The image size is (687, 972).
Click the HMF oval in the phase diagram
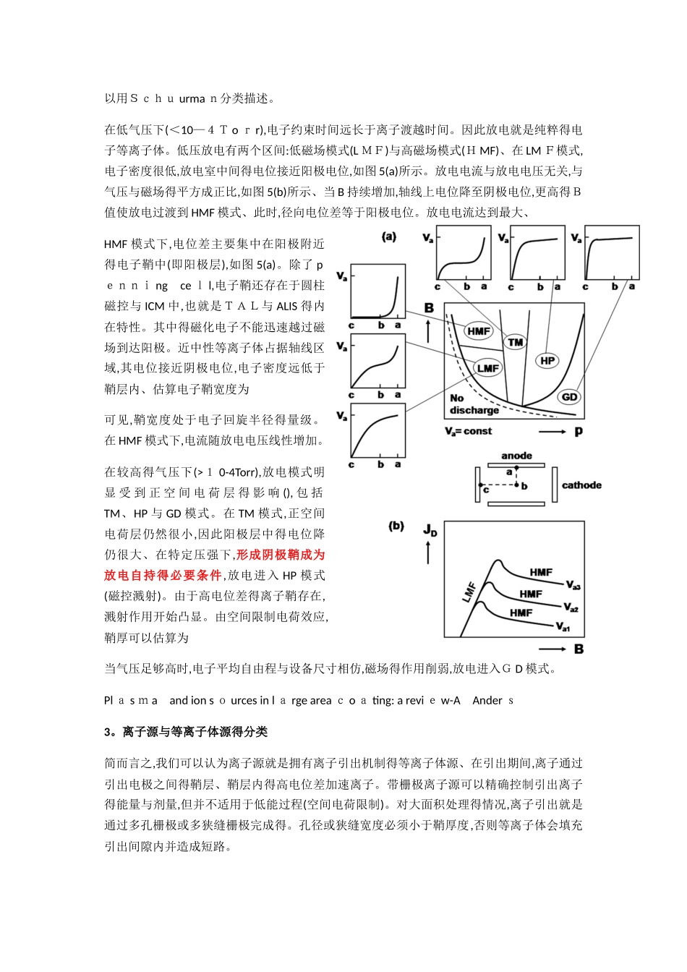click(479, 331)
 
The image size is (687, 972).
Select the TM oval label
click(516, 342)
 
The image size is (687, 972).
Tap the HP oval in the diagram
click(547, 360)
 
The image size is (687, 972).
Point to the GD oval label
click(570, 396)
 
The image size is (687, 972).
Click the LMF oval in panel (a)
click(488, 368)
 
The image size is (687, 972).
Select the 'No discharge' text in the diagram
click(474, 404)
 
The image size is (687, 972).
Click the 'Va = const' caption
click(469, 431)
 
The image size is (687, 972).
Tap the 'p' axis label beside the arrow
click(579, 431)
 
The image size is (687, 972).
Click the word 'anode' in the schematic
click(516, 456)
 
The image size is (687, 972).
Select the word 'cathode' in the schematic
click(581, 485)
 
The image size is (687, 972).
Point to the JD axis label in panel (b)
click(430, 530)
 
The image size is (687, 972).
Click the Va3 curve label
click(573, 585)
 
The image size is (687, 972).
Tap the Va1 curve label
click(563, 627)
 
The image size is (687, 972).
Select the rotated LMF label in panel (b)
click(469, 592)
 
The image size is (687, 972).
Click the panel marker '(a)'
click(389, 236)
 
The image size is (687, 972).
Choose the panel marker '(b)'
click(396, 526)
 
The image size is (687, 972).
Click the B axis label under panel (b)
click(579, 649)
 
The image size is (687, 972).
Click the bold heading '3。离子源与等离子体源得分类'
click(186, 732)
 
